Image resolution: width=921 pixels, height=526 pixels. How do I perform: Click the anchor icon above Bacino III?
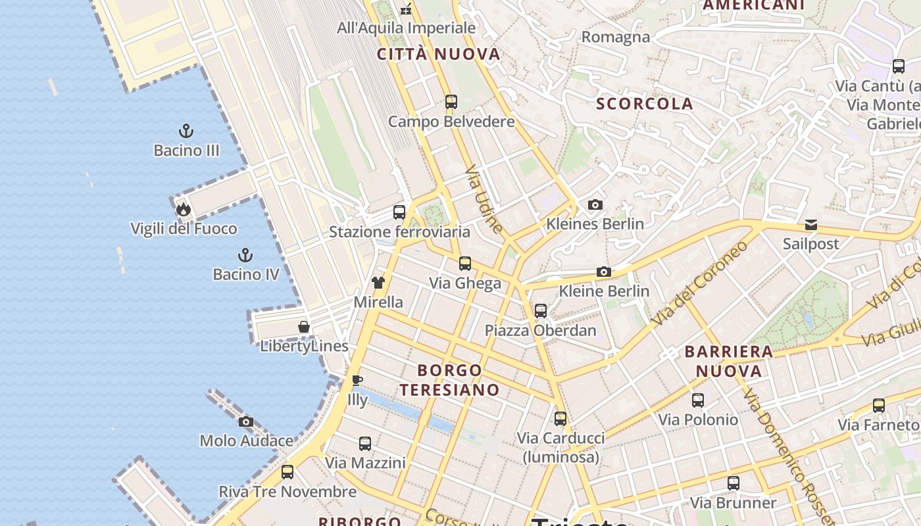(x=186, y=131)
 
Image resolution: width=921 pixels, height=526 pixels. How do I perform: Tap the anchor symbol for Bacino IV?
(x=245, y=255)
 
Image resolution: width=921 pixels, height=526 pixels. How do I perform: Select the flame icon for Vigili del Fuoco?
(x=183, y=209)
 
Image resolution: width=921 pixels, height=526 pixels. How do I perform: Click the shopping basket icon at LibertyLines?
(x=304, y=327)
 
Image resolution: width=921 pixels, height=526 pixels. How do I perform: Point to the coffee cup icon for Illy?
(x=357, y=380)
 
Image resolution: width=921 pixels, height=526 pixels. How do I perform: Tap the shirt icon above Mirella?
(x=378, y=283)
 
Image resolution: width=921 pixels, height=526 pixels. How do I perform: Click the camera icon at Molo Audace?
(x=246, y=421)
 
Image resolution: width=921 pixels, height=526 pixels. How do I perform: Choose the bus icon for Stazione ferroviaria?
(x=399, y=212)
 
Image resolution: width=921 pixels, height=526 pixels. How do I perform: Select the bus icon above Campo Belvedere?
(x=451, y=102)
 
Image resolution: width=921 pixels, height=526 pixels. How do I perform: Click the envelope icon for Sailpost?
(x=810, y=225)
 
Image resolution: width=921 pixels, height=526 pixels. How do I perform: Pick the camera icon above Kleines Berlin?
(x=595, y=204)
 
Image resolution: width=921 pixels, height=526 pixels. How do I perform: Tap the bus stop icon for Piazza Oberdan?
(x=541, y=310)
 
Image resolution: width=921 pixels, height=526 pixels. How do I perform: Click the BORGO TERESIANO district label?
(x=449, y=380)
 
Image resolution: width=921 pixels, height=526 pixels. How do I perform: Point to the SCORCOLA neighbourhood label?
(x=644, y=104)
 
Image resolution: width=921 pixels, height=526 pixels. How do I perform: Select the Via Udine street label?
(x=484, y=199)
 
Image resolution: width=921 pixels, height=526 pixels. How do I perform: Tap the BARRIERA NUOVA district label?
(x=729, y=361)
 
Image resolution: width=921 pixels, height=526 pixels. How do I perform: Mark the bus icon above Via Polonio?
(x=698, y=400)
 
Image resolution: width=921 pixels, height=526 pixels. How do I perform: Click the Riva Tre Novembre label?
(x=287, y=492)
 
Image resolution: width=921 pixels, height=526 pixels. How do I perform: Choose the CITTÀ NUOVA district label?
(x=439, y=55)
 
